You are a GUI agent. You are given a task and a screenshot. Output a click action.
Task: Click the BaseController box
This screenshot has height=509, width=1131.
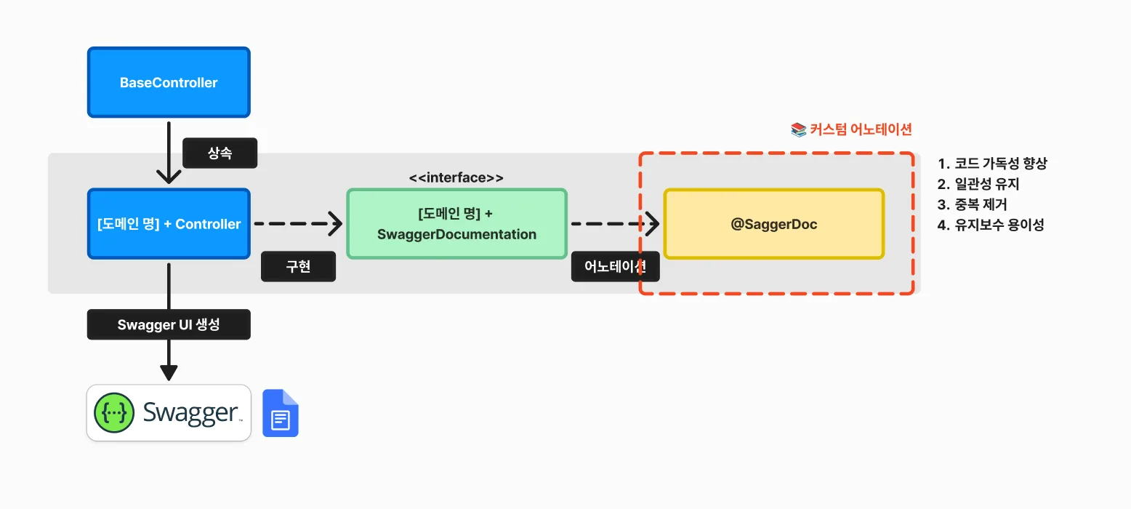click(x=169, y=82)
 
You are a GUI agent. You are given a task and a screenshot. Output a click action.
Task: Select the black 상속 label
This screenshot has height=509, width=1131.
click(x=220, y=153)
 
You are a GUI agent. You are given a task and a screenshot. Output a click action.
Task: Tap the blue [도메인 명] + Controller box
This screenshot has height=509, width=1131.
click(x=169, y=224)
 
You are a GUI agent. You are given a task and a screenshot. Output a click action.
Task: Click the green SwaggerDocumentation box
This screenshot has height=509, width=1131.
click(x=457, y=224)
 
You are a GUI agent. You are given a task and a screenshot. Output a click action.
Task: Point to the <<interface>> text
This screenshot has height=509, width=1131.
click(x=456, y=177)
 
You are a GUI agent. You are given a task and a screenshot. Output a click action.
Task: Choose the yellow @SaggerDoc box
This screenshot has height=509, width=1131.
click(x=774, y=224)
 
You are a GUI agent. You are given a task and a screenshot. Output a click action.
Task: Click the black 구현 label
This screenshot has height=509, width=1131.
click(x=299, y=266)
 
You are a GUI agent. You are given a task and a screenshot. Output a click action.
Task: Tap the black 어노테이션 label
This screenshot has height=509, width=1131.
click(x=615, y=266)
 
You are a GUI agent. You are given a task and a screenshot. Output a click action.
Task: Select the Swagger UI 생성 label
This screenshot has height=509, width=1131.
click(x=169, y=324)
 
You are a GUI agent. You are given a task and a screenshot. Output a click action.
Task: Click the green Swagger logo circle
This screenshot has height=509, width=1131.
click(x=114, y=413)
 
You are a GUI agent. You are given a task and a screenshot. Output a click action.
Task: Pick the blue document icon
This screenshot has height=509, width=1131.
click(x=281, y=413)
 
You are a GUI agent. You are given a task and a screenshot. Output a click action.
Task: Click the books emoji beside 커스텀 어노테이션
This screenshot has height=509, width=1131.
click(x=798, y=129)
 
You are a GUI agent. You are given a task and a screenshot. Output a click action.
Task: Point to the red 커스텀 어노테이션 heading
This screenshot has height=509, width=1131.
click(x=861, y=129)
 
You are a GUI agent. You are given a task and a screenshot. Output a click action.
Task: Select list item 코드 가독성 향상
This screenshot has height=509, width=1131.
click(x=992, y=164)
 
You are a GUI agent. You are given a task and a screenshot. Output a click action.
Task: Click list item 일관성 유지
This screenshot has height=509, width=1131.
click(x=978, y=184)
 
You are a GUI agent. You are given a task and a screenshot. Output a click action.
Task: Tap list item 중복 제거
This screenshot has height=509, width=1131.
click(x=972, y=204)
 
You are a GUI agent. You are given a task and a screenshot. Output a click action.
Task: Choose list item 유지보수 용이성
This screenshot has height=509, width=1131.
click(x=991, y=225)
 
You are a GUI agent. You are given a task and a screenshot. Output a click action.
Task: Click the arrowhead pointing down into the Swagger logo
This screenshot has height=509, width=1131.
click(x=169, y=372)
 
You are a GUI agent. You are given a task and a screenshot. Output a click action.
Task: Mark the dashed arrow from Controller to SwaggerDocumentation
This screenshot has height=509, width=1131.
click(x=299, y=224)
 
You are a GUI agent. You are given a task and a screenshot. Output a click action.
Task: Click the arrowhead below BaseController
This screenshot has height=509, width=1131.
click(x=169, y=176)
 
